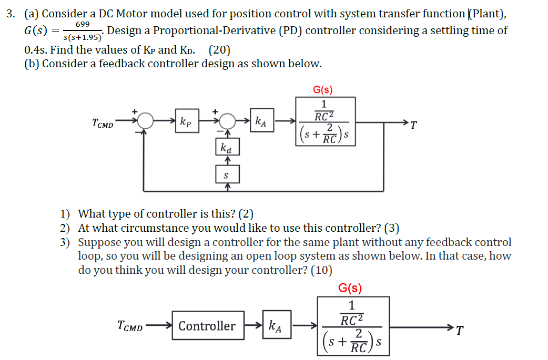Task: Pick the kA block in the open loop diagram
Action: (x=275, y=326)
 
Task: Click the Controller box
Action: (x=207, y=326)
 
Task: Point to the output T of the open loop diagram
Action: (x=460, y=331)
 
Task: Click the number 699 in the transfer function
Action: (x=83, y=25)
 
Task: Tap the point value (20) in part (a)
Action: (x=219, y=51)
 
